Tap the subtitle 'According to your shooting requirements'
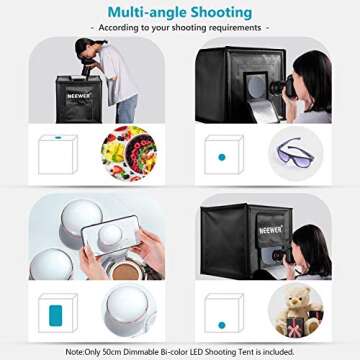(x=180, y=28)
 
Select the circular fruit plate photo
(x=128, y=153)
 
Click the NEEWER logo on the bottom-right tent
(x=270, y=230)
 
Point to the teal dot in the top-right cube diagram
(x=222, y=157)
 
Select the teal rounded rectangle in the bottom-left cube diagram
(x=55, y=315)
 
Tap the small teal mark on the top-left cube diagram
(x=58, y=137)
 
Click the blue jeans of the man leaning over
(x=126, y=107)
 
